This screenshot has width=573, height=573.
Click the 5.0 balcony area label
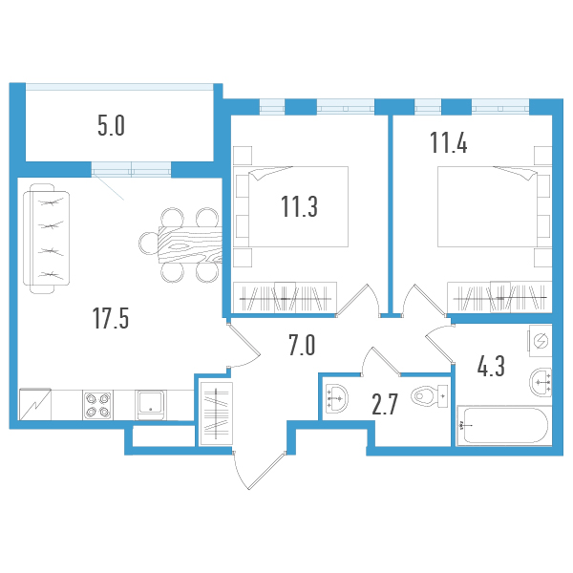point(112,125)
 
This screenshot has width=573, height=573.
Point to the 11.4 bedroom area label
point(449,144)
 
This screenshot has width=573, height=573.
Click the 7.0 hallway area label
point(302,345)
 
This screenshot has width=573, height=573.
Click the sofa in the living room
point(48,238)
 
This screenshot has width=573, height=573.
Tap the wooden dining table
point(187,245)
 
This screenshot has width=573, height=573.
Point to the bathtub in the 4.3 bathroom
point(502,425)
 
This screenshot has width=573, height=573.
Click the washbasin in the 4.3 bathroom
point(540,382)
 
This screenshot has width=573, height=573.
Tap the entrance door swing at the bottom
point(253,468)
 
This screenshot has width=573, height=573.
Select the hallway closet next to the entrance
point(214,412)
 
